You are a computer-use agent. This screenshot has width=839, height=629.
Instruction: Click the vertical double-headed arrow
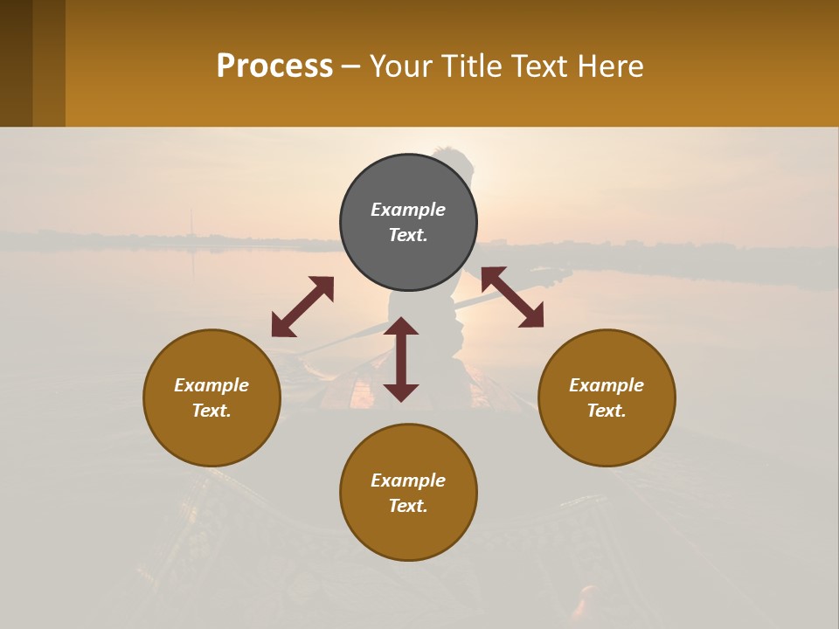coord(401,359)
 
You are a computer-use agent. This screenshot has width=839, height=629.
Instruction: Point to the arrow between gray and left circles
coord(302,307)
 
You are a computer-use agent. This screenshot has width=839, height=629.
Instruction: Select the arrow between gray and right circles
coord(512,297)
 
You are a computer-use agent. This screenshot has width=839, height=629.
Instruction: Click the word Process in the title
coord(274,66)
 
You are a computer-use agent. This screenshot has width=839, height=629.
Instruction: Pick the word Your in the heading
coord(401,66)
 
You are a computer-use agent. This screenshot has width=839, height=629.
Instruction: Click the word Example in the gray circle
coord(408,210)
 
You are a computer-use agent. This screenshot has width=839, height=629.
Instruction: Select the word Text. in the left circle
coord(211,411)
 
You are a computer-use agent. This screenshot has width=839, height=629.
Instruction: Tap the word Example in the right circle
coord(607,385)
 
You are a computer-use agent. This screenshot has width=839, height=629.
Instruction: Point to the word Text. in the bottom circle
coord(408,506)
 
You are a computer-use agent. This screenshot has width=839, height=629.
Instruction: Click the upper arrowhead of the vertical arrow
coord(401,327)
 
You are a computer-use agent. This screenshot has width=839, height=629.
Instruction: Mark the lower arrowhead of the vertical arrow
coord(401,391)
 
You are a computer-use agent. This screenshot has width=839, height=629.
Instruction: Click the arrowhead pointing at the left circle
coord(281,327)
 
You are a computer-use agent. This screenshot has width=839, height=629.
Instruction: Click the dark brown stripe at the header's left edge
coord(16,63)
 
